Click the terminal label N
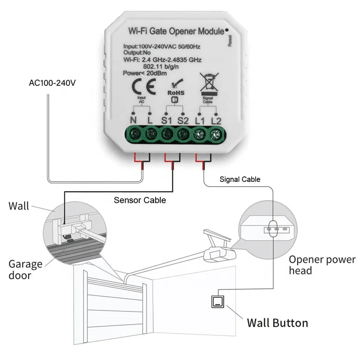point(133,120)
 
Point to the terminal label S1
point(166,120)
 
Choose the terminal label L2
point(216,120)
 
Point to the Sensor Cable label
point(139,200)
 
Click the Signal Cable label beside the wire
point(240,179)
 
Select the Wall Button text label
point(277,323)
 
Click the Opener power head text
point(322,265)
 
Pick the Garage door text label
point(25,269)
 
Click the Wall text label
point(19,207)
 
